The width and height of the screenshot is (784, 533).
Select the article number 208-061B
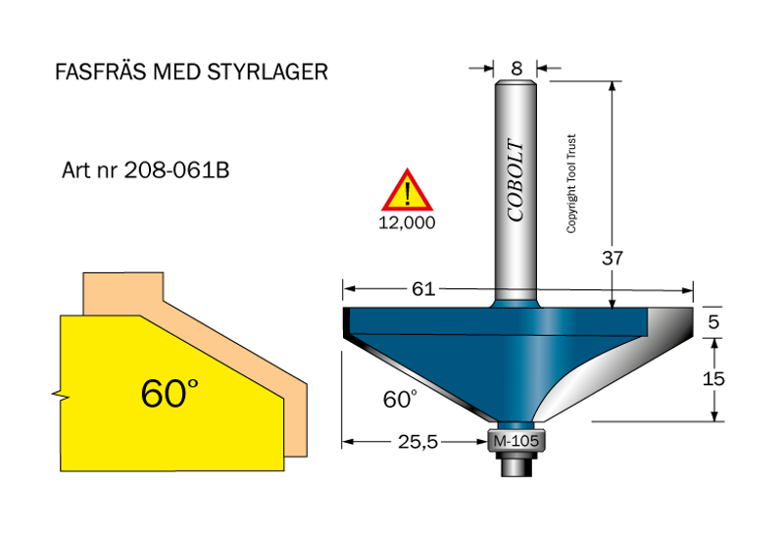[x=176, y=170]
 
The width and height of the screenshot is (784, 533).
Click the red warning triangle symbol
[x=406, y=191]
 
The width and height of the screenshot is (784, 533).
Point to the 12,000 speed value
[x=406, y=221]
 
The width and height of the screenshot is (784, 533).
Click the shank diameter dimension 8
[x=516, y=69]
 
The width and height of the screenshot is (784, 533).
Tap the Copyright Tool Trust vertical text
[x=571, y=183]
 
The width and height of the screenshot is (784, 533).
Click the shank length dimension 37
[x=614, y=258]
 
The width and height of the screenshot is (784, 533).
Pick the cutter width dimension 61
[x=423, y=289]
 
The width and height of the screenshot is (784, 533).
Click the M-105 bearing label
[x=514, y=442]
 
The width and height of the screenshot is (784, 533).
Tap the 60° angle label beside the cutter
[x=399, y=400]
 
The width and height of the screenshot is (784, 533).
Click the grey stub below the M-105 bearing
[x=514, y=465]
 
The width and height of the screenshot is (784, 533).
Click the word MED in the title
[x=181, y=73]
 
